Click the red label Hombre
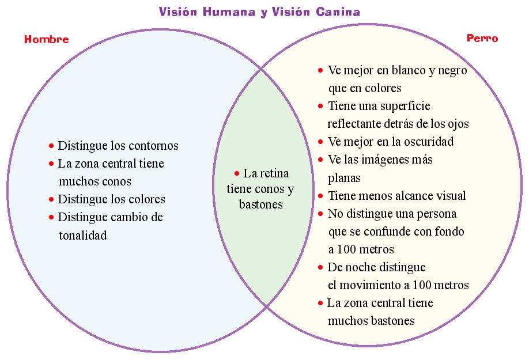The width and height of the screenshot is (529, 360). point(46,39)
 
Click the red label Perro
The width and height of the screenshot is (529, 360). point(482,39)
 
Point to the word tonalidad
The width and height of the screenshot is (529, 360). point(82,236)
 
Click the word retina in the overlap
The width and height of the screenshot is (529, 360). point(274,173)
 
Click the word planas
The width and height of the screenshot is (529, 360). point(344,178)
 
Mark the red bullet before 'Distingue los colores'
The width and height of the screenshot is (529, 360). point(51,199)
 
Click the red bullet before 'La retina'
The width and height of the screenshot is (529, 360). point(236,173)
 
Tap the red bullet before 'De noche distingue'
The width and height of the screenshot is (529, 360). point(320,267)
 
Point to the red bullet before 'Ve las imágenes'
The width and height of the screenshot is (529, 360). point(320,160)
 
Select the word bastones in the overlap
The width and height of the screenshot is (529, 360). point(260,204)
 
